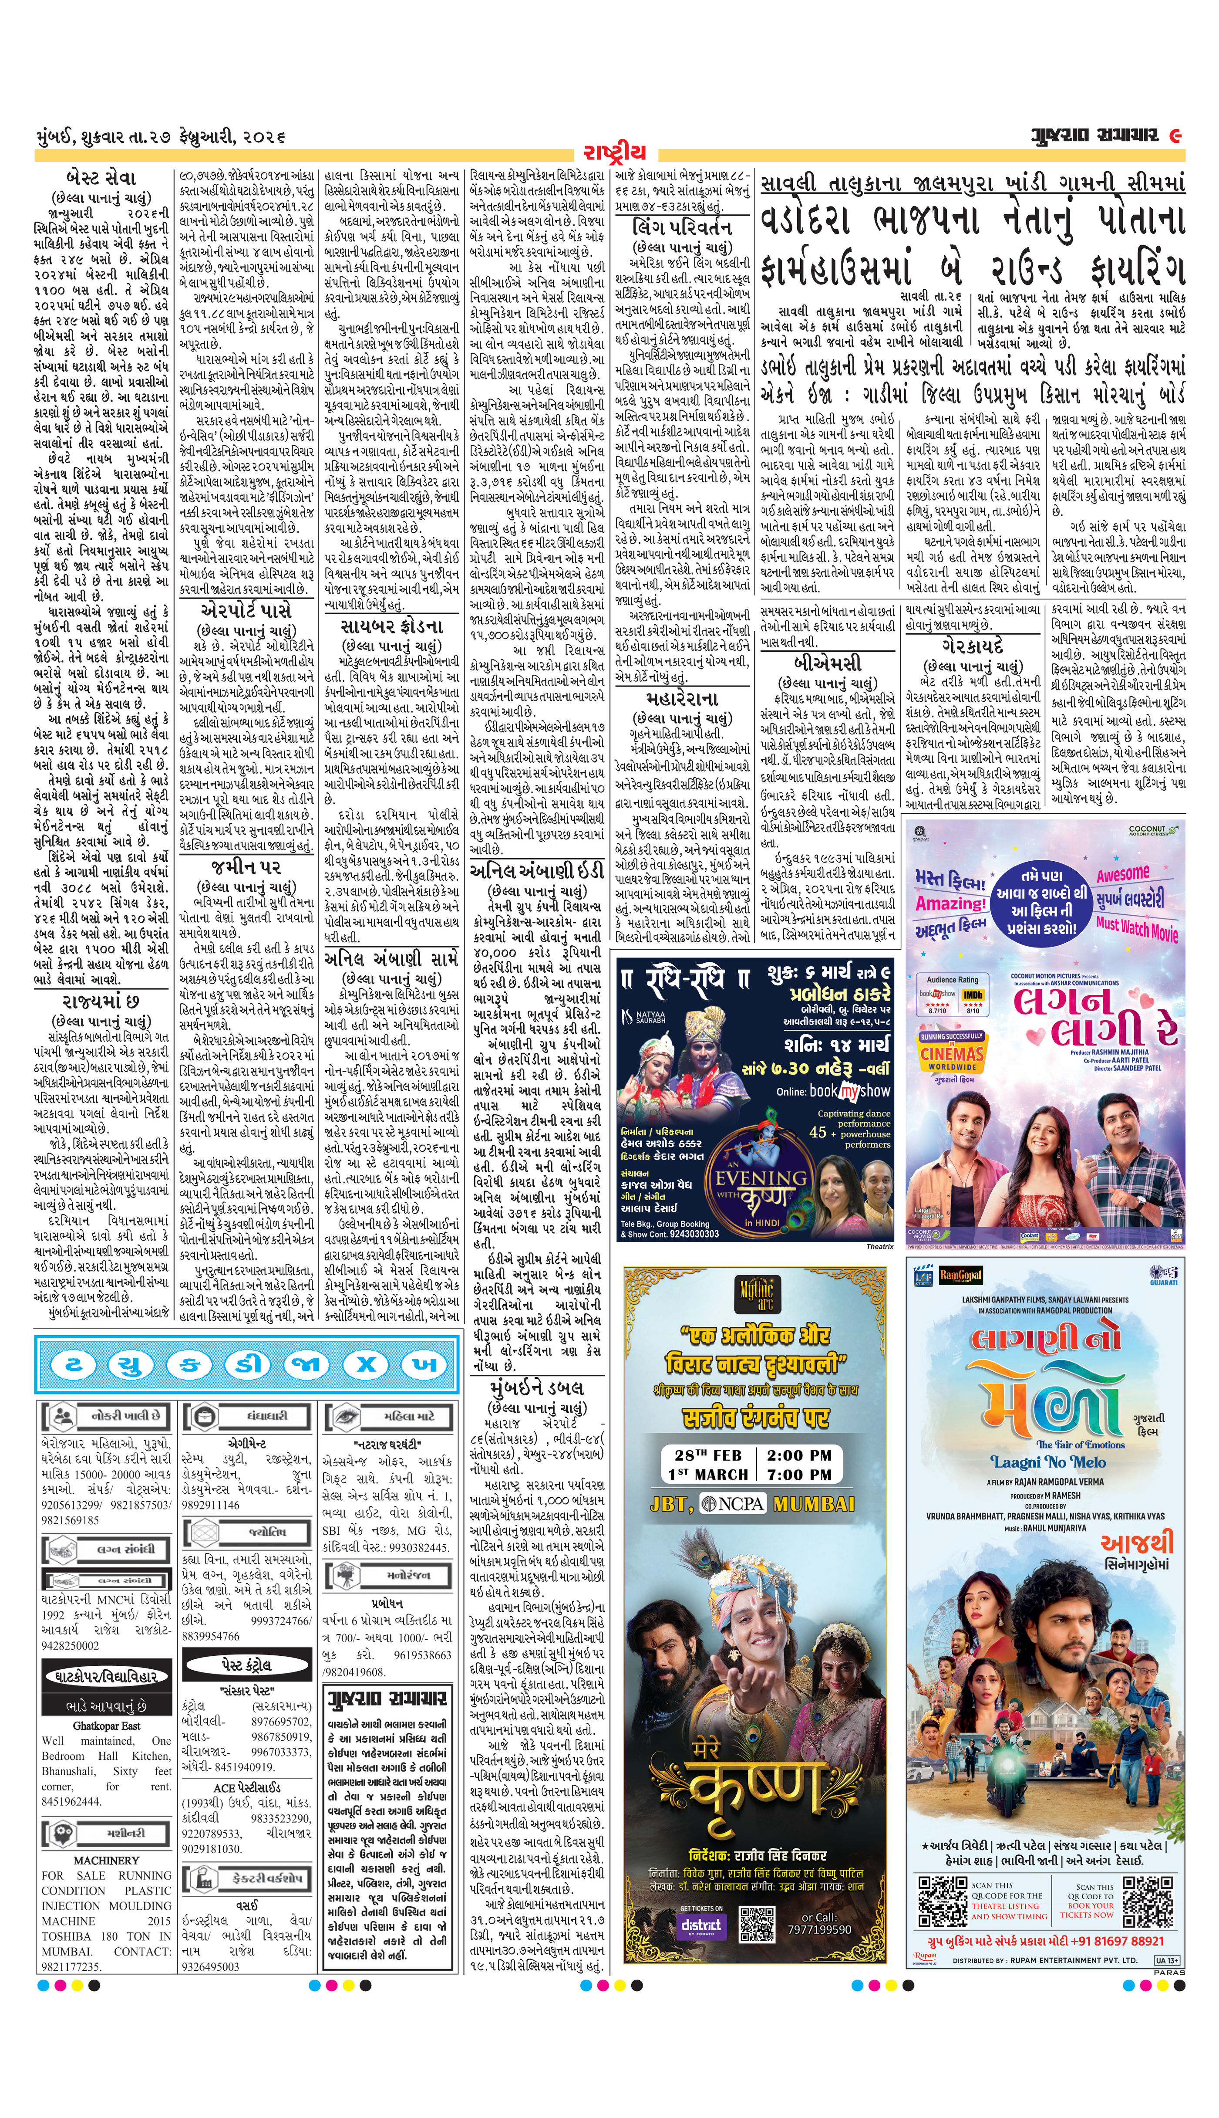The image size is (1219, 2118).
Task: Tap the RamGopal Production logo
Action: (960, 1276)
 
